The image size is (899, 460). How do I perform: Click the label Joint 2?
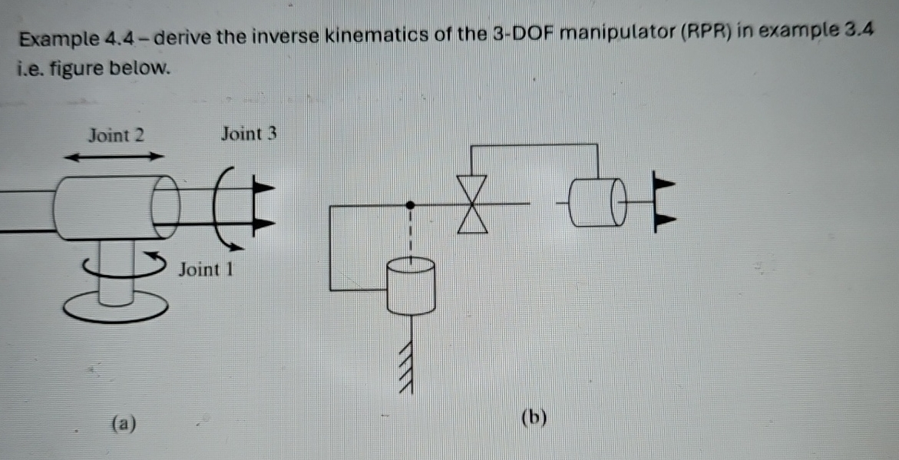[116, 136]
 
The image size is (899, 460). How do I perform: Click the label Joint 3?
[248, 134]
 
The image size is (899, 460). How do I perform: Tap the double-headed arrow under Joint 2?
[114, 157]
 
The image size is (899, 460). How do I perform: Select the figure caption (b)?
[534, 418]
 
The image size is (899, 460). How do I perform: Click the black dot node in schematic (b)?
[411, 205]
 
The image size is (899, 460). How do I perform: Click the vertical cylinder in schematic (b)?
[411, 286]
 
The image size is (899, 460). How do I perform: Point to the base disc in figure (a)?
[114, 307]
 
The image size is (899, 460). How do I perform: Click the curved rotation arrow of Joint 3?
[228, 207]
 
